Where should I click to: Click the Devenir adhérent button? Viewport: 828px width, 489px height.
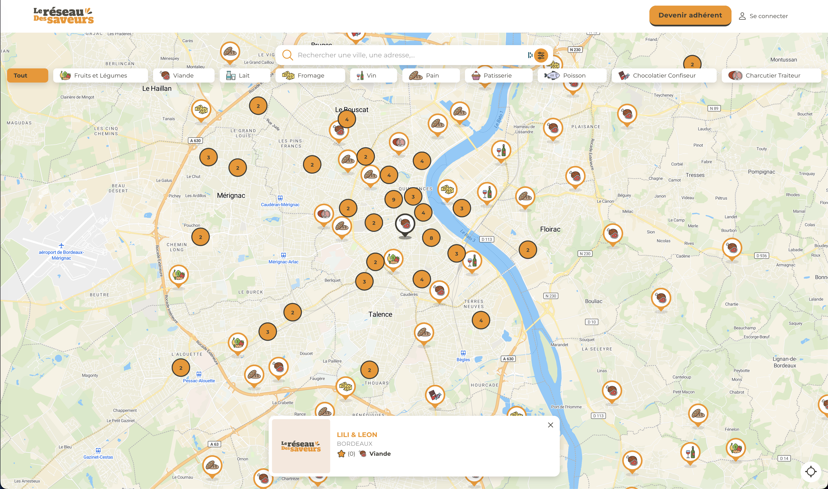(690, 15)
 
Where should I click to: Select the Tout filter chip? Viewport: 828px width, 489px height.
(27, 75)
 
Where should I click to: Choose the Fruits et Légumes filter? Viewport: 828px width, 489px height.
(100, 75)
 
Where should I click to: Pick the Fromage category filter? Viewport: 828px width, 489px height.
(310, 75)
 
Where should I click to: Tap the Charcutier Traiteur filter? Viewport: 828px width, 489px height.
(771, 75)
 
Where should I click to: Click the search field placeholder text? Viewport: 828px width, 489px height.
(356, 55)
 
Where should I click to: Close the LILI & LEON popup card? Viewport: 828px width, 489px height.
(550, 425)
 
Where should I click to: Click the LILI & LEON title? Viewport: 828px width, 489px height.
(357, 435)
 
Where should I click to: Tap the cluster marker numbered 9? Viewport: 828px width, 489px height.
(393, 199)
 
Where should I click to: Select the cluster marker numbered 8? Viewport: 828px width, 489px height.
(431, 238)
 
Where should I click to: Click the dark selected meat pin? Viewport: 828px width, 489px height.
(405, 224)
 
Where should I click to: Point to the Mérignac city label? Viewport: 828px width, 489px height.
(231, 195)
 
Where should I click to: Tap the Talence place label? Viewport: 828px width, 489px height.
(380, 314)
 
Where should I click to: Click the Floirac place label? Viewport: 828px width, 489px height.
(550, 229)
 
